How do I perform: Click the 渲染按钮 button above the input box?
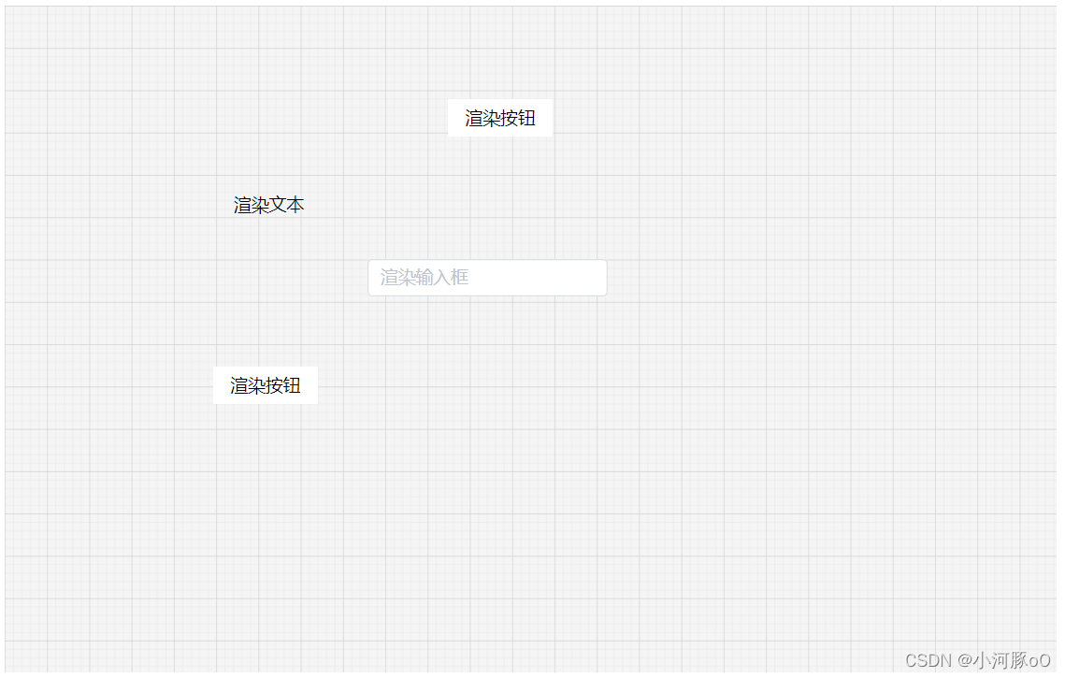(x=500, y=118)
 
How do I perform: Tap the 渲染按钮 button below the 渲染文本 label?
(x=266, y=385)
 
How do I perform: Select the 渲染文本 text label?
(x=268, y=205)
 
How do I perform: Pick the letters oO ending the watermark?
(x=1039, y=660)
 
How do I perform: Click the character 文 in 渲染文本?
(x=278, y=205)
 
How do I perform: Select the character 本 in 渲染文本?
(x=295, y=205)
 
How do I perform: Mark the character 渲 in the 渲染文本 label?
(x=242, y=205)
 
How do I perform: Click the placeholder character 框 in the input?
(x=459, y=278)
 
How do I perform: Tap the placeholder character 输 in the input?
(x=424, y=278)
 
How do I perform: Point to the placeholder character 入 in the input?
(x=441, y=278)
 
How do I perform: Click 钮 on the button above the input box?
(x=526, y=118)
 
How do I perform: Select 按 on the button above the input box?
(x=509, y=118)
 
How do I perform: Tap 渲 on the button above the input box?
(x=474, y=118)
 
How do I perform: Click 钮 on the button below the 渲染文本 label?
(x=292, y=385)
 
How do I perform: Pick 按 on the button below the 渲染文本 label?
(x=274, y=385)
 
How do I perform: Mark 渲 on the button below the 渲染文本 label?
(x=239, y=385)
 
